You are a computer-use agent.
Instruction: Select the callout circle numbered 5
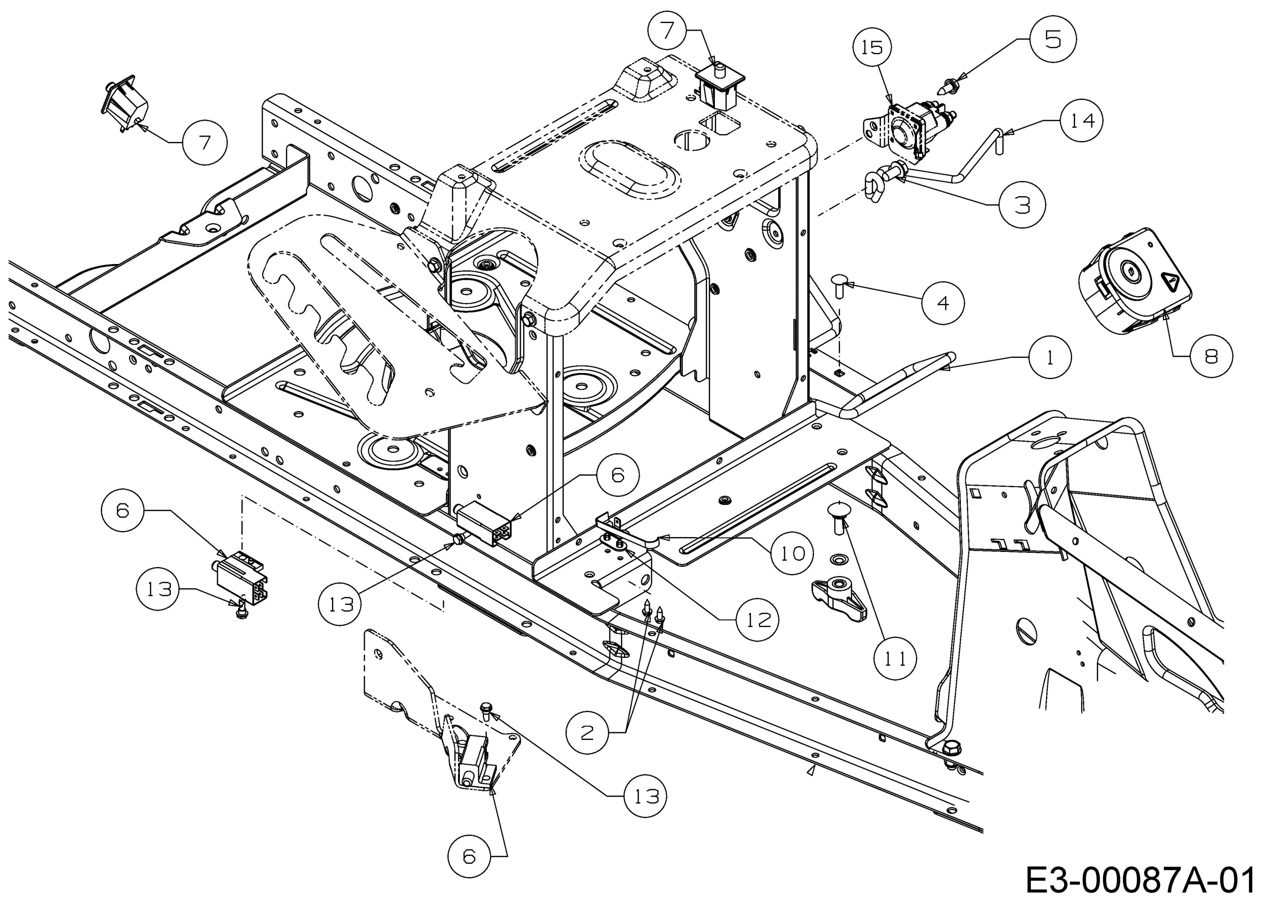(x=1053, y=39)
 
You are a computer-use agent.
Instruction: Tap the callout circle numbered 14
(x=1082, y=120)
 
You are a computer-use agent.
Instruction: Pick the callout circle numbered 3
(x=1022, y=205)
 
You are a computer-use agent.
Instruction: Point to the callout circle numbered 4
(x=943, y=303)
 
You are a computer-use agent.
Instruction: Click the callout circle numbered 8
(x=1211, y=356)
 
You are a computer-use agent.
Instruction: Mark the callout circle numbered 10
(x=793, y=553)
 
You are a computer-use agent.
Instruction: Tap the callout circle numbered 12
(x=757, y=619)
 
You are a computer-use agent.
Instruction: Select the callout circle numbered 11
(x=895, y=658)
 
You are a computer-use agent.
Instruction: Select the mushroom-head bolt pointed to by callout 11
(x=839, y=515)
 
